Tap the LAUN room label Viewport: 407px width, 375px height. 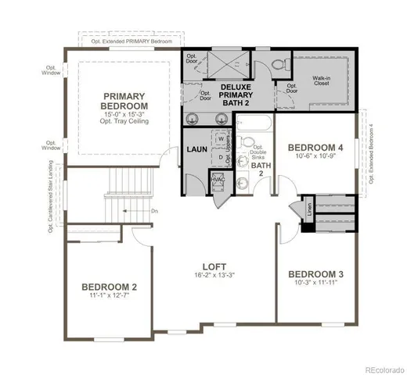point(196,149)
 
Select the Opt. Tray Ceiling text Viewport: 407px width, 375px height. point(124,123)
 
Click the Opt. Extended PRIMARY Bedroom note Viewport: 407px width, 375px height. point(131,38)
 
